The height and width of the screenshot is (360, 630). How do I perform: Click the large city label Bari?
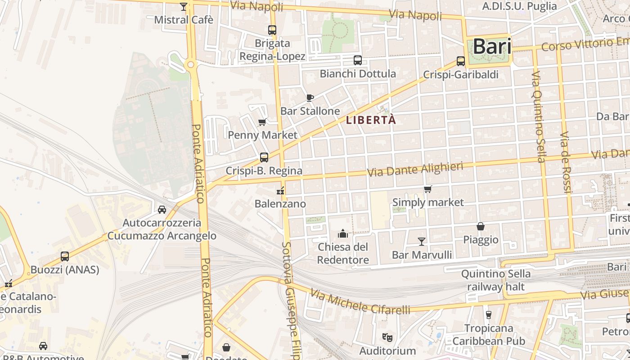click(492, 47)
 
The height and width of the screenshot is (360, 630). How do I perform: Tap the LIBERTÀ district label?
click(371, 120)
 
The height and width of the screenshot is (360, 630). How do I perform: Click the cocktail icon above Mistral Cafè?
click(184, 6)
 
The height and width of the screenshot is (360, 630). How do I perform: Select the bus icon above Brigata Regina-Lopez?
click(272, 30)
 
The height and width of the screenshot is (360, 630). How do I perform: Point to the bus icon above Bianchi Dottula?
click(358, 60)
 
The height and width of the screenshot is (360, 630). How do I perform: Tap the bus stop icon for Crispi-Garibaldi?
click(461, 61)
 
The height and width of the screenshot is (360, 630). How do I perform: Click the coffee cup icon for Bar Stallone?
click(310, 97)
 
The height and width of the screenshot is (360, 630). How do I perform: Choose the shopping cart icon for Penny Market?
click(262, 121)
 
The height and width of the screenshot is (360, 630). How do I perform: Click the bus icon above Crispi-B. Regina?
click(264, 157)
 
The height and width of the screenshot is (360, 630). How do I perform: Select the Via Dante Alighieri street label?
click(415, 170)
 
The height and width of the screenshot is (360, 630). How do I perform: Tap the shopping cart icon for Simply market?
click(427, 189)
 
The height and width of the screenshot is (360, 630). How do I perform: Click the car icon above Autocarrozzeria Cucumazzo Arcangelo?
click(162, 209)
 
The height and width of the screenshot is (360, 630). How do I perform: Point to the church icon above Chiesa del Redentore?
click(343, 234)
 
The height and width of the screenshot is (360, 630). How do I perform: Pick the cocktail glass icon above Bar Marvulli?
click(422, 242)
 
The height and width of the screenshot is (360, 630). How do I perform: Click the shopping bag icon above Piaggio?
click(481, 226)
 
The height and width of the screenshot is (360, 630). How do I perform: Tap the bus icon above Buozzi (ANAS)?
click(65, 256)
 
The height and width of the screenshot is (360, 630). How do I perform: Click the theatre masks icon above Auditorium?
click(387, 337)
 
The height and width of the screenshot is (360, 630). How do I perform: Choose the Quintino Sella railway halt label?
click(495, 280)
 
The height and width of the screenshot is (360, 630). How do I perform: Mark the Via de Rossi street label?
click(566, 162)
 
